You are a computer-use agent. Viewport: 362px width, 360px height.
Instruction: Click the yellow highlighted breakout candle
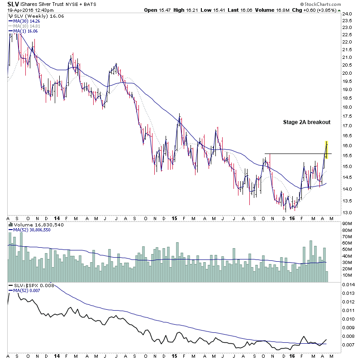click(327, 149)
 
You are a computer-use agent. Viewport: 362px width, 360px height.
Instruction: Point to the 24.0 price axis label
click(347, 14)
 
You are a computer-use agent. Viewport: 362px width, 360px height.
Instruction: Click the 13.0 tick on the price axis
click(347, 212)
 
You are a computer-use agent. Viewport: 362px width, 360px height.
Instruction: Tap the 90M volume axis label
click(348, 223)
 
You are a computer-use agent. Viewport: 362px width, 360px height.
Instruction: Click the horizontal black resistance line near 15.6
click(294, 154)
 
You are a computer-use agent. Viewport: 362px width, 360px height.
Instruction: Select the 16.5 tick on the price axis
click(347, 135)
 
